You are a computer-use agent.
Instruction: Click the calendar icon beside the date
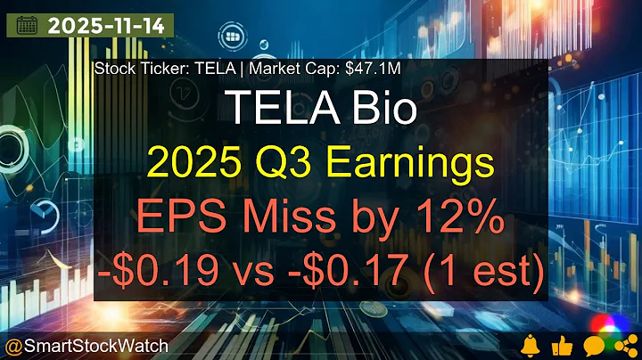click(x=26, y=25)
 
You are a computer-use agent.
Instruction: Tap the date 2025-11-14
click(x=105, y=25)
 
